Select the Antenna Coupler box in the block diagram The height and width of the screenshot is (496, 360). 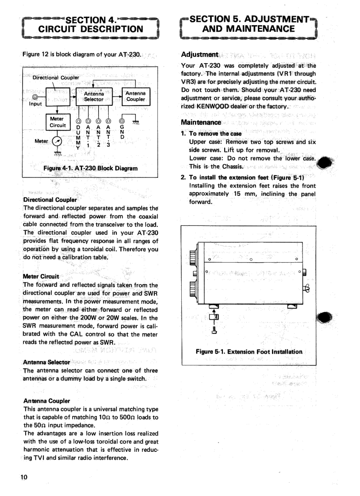coord(135,96)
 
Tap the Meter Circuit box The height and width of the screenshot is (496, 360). coord(57,122)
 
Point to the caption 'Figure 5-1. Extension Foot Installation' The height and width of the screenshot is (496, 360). coord(249,352)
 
